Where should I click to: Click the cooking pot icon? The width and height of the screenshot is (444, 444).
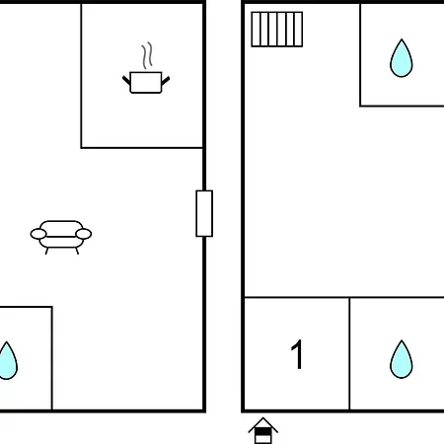146,82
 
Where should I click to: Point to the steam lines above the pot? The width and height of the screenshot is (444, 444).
147,55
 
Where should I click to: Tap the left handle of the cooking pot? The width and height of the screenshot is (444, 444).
126,81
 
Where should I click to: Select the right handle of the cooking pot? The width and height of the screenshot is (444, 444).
166,81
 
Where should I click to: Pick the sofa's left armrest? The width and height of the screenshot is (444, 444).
38,234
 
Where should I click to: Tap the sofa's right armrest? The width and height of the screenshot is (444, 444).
84,234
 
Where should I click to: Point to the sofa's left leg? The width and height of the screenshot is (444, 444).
46,252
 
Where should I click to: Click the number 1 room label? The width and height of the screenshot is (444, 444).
297,354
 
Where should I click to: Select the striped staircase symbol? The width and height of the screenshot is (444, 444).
277,30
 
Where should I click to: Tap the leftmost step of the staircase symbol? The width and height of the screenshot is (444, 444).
256,30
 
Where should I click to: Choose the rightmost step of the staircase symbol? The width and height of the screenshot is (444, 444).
298,30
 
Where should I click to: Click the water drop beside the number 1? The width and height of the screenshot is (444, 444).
402,360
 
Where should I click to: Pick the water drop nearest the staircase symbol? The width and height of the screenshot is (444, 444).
402,59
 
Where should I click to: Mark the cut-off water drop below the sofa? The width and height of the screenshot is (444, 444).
7,362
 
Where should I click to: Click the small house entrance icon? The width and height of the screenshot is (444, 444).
263,431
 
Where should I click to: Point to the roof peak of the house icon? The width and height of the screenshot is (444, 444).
263,418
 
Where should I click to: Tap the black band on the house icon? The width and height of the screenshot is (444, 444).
263,431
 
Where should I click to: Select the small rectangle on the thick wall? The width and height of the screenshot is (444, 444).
204,213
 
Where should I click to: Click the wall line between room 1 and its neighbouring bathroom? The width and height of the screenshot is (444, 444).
349,354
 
